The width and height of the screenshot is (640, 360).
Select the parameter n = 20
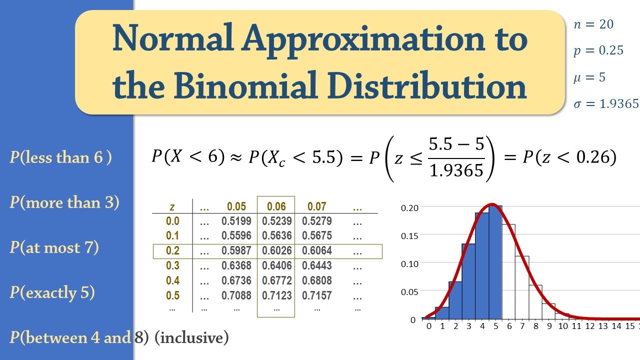pyautogui.click(x=593, y=24)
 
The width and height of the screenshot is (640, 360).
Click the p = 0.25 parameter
pyautogui.click(x=598, y=50)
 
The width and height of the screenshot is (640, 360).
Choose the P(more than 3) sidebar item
pyautogui.click(x=64, y=202)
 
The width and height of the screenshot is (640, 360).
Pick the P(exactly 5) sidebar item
pyautogui.click(x=52, y=292)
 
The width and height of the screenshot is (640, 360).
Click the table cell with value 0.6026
pyautogui.click(x=276, y=251)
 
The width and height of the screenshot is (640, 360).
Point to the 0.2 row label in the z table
pyautogui.click(x=172, y=251)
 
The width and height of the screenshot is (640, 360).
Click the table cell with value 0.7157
pyautogui.click(x=316, y=295)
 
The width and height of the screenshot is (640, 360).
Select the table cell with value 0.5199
pyautogui.click(x=236, y=221)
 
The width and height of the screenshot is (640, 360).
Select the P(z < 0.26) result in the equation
pyautogui.click(x=569, y=157)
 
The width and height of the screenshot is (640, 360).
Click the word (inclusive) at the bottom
pyautogui.click(x=191, y=338)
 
